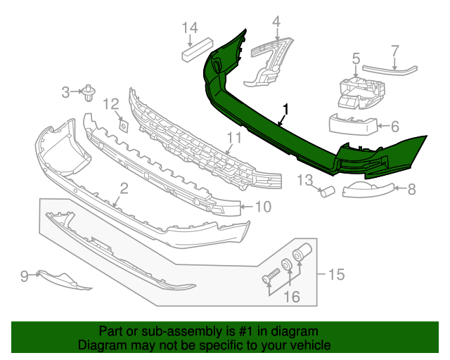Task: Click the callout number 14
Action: click(190, 27)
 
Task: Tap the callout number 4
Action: click(276, 22)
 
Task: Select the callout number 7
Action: click(394, 51)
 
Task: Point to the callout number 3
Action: click(65, 91)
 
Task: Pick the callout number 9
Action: click(25, 276)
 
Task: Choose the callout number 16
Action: click(290, 297)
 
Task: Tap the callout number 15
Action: click(337, 274)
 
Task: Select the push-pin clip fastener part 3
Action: click(89, 92)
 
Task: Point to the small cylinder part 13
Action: click(327, 191)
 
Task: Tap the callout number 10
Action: click(262, 207)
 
